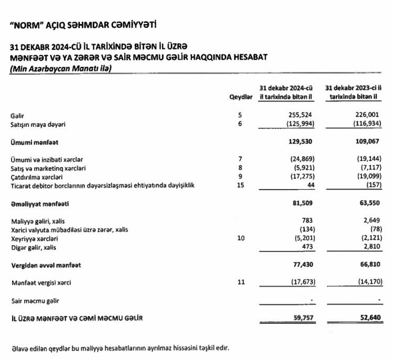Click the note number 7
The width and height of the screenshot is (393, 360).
point(241,159)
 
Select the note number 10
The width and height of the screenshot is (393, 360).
point(241,238)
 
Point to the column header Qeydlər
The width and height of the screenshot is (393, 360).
point(242,98)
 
